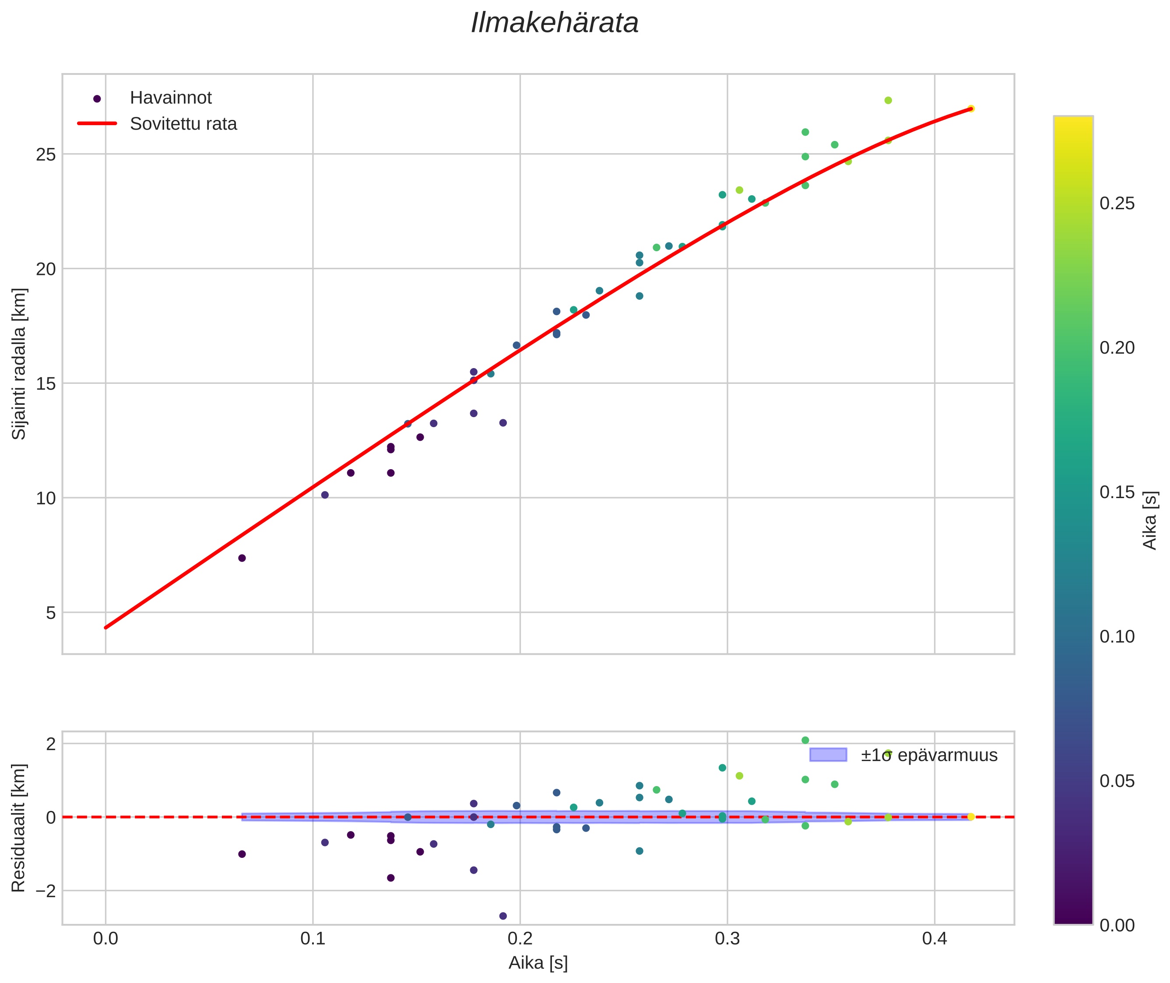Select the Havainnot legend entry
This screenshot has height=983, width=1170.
click(171, 98)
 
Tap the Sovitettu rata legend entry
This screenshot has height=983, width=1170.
click(183, 124)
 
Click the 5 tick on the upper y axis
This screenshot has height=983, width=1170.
click(51, 613)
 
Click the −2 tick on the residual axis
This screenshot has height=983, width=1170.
click(45, 891)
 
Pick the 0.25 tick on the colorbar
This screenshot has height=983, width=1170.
click(1117, 204)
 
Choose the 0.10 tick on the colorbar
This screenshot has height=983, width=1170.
click(1117, 636)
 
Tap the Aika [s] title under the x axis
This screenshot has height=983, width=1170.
click(538, 963)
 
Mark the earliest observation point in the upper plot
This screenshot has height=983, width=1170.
click(242, 558)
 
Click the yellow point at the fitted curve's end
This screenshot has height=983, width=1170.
click(970, 109)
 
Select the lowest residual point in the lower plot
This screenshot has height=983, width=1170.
click(503, 916)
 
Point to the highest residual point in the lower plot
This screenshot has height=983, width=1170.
click(805, 740)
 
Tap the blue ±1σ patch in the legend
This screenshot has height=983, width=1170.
click(828, 755)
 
